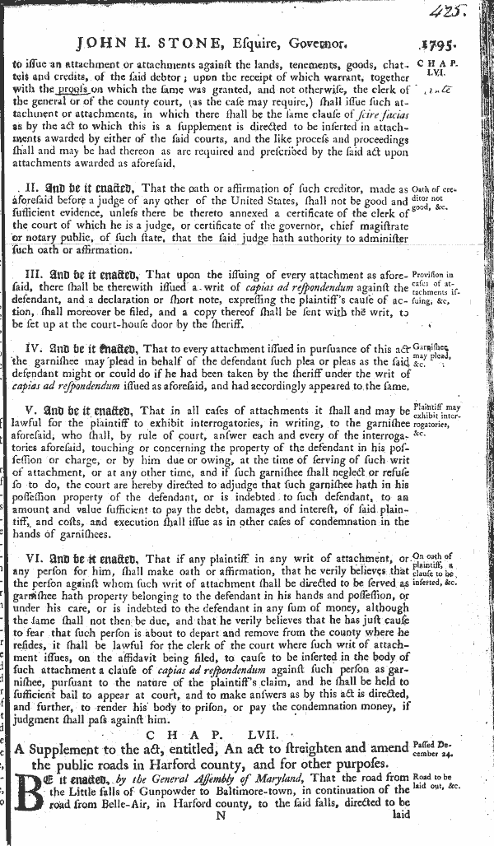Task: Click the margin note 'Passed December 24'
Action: pyautogui.click(x=442, y=745)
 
